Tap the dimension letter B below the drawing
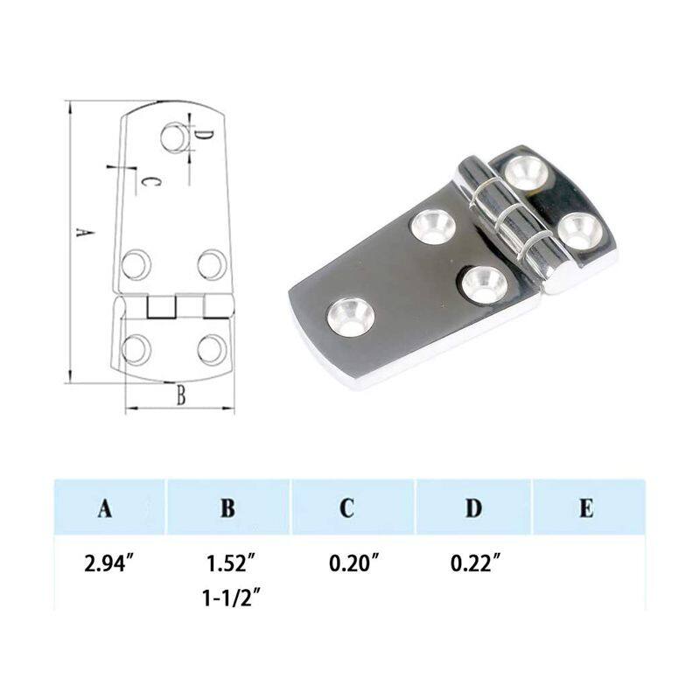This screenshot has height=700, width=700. point(181,395)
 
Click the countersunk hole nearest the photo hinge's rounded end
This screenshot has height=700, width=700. point(350,315)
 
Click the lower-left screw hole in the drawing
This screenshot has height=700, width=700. point(136,348)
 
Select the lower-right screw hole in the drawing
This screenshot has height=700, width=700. point(211,348)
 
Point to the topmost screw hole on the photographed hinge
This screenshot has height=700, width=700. point(527,170)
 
